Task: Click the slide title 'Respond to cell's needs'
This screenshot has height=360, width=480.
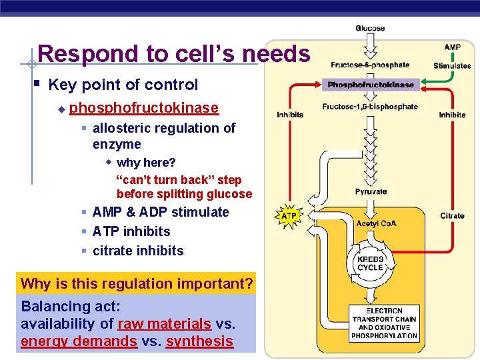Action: (x=173, y=53)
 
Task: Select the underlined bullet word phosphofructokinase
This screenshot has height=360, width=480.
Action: (x=143, y=108)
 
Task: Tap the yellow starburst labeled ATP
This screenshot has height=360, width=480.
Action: (x=289, y=216)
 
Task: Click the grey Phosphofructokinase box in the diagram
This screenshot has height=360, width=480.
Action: (x=370, y=85)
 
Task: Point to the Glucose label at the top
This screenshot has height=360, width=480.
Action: (x=370, y=28)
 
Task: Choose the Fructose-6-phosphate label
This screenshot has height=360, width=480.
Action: (x=370, y=65)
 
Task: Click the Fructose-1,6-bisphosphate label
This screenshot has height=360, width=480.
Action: (x=370, y=107)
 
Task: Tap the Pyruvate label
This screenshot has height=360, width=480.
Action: (x=371, y=191)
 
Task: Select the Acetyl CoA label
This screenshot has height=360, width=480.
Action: (x=376, y=223)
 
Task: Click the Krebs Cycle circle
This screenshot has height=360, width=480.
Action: (x=370, y=263)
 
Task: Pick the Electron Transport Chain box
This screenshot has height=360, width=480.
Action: (x=383, y=323)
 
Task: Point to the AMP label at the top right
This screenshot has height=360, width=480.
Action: (x=452, y=47)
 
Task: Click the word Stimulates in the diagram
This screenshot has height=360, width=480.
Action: (x=452, y=65)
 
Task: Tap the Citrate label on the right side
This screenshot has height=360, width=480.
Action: (x=452, y=215)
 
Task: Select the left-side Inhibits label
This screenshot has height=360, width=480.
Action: (x=290, y=115)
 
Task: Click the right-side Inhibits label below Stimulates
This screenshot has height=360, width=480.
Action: (x=452, y=115)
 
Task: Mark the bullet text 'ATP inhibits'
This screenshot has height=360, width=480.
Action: (x=131, y=231)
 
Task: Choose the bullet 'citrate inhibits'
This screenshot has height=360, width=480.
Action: (x=138, y=251)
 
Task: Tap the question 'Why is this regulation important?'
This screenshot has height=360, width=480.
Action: (x=137, y=283)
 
